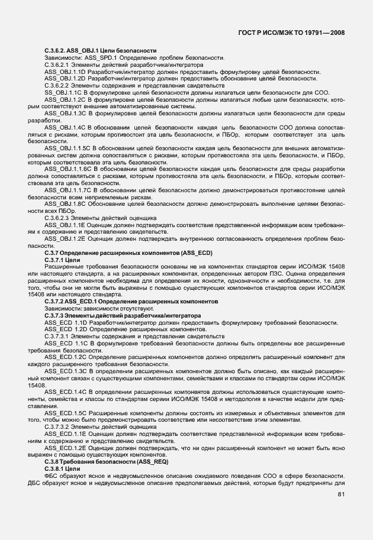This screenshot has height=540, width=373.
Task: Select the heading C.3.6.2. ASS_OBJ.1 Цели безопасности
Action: pyautogui.click(x=100, y=50)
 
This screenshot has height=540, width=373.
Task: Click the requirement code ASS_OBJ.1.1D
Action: pyautogui.click(x=66, y=72)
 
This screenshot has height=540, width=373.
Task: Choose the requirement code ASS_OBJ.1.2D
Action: pyautogui.click(x=66, y=78)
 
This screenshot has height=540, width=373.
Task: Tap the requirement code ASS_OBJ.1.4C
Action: pyautogui.click(x=66, y=128)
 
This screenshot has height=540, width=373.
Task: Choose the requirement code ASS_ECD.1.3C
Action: pyautogui.click(x=66, y=370)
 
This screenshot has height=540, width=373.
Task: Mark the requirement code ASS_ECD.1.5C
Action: pyautogui.click(x=66, y=412)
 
